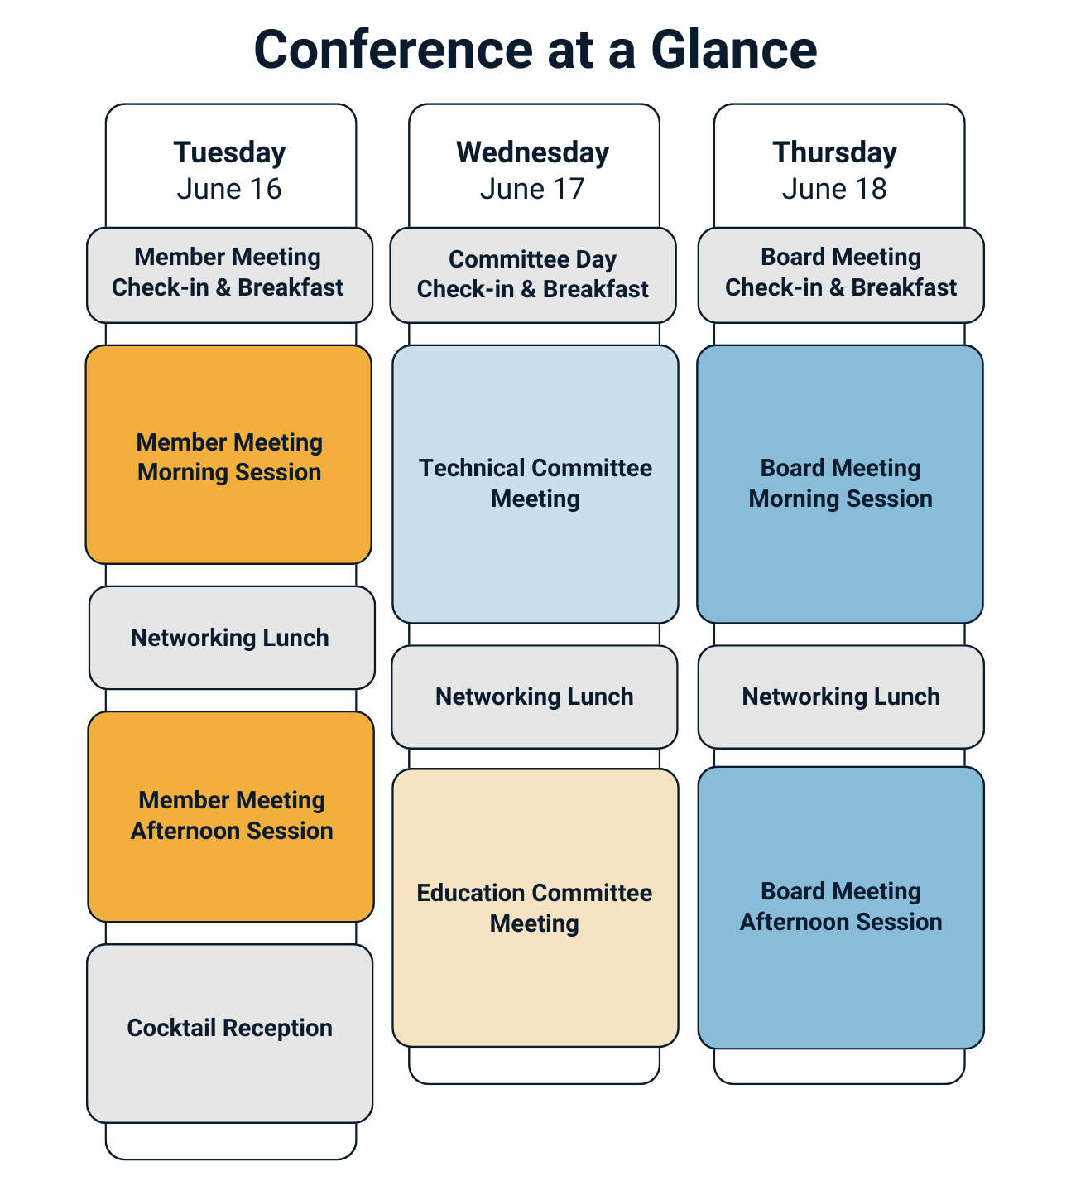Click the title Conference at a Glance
[x=535, y=50]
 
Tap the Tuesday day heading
[x=229, y=152]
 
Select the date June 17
[x=532, y=189]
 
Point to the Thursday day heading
[x=834, y=152]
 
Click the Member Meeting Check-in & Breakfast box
[x=229, y=274]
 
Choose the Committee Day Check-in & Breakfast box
[x=533, y=275]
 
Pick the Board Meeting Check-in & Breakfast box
[x=841, y=274]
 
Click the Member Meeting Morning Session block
[x=228, y=455]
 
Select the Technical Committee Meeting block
[x=535, y=484]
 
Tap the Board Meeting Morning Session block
[x=840, y=484]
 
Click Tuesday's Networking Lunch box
[x=231, y=638]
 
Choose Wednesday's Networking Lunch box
[x=534, y=697]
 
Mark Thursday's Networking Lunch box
[x=841, y=697]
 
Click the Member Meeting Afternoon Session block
[x=231, y=816]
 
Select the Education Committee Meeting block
[x=535, y=908]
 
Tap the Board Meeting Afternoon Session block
[x=841, y=907]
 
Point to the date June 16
[x=229, y=189]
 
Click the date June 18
[x=834, y=189]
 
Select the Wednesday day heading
[x=532, y=152]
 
